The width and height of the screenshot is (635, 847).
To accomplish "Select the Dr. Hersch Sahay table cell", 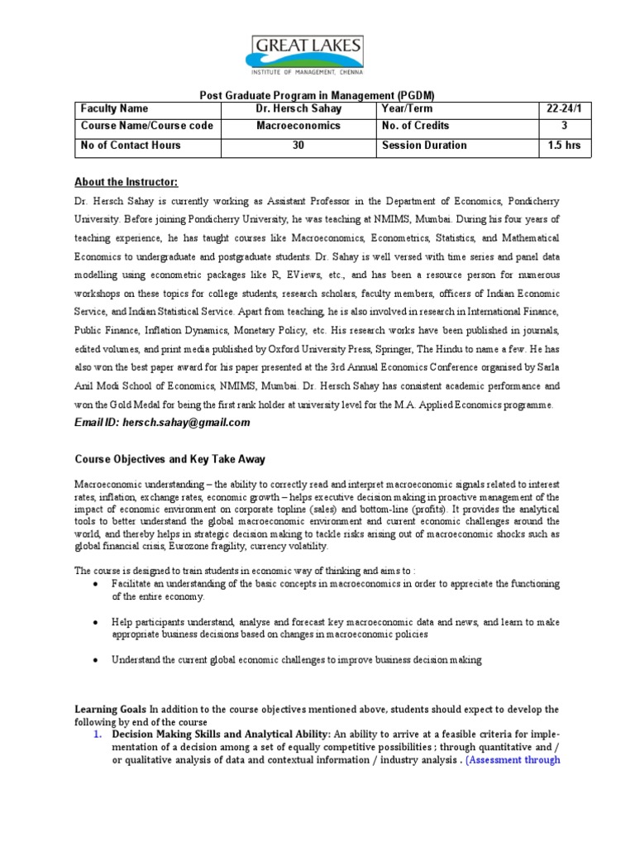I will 298,108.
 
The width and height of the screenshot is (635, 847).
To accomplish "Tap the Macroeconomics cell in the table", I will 298,126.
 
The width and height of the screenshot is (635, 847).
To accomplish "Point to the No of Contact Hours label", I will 131,146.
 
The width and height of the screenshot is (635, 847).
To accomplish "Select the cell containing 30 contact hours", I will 298,146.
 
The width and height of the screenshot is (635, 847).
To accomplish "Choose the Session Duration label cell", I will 424,146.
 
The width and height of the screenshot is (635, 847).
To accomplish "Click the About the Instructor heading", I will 126,182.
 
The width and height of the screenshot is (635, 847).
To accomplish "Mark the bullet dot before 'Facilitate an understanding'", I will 96,584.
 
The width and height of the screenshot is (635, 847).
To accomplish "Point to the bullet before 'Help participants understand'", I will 96,622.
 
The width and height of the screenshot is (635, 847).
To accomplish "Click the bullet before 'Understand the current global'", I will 96,660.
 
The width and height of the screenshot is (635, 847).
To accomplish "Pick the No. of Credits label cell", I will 416,126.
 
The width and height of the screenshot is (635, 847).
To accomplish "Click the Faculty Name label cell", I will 114,108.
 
